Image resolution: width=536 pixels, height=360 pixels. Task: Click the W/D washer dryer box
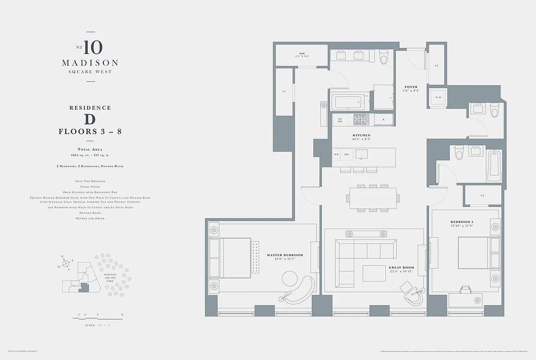coord(437,97)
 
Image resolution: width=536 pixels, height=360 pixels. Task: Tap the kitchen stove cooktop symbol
coord(361,119)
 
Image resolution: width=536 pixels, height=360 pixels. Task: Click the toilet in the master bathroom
coord(384,57)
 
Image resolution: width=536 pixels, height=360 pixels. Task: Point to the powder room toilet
coord(495,110)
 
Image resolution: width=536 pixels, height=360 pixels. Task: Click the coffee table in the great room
coord(374,273)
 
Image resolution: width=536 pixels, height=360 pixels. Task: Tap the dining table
coord(373,198)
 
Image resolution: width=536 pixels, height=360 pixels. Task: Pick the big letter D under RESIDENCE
coord(90,119)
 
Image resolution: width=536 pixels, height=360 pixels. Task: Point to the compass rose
coord(65,262)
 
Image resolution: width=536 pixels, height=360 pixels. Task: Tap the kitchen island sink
coord(361,154)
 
